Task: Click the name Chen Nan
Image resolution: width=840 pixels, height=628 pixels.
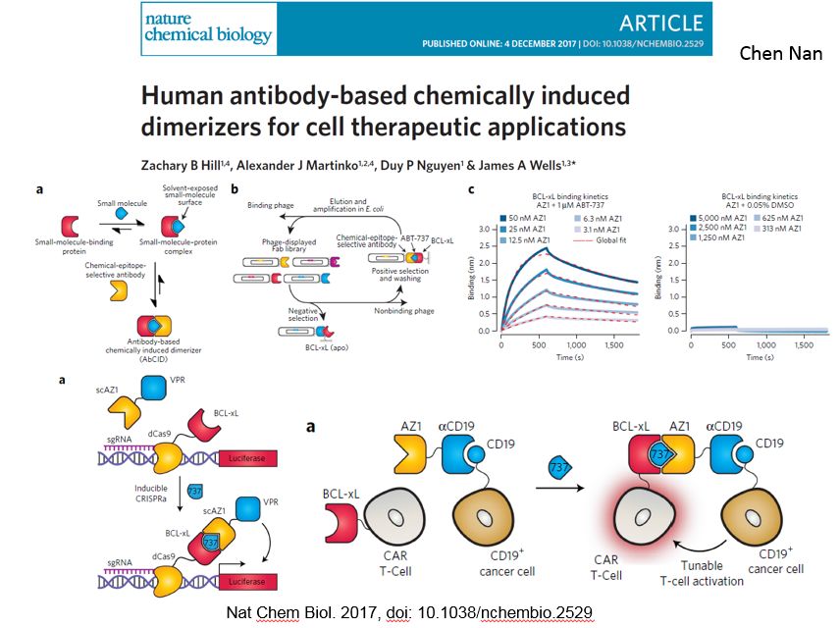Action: (x=781, y=52)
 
